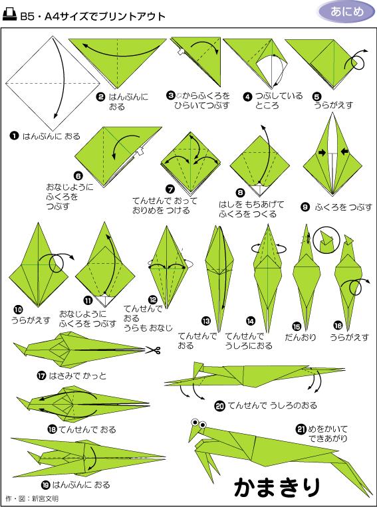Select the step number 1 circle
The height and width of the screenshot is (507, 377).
13,136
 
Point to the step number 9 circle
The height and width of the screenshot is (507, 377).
305,207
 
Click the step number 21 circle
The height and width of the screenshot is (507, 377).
301,429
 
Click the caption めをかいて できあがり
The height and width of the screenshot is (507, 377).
328,433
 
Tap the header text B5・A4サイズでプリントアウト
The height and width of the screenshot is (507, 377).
92,15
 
